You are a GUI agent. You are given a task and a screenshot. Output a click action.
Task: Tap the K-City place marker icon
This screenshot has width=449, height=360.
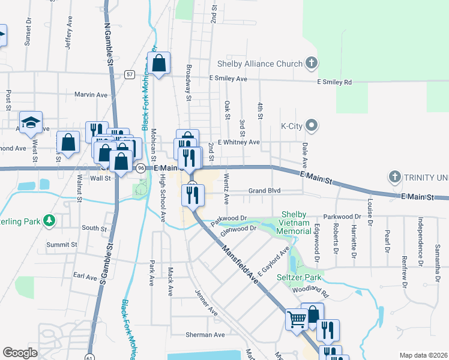[x=312, y=126]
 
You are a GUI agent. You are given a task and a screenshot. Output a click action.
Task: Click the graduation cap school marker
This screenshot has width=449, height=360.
[x=31, y=123]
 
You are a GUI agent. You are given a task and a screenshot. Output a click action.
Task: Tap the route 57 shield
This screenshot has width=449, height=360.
[x=130, y=74]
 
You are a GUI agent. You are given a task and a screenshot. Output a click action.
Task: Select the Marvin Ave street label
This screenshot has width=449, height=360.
[x=90, y=95]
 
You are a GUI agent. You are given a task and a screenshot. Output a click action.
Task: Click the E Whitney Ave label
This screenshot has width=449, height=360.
[x=238, y=142]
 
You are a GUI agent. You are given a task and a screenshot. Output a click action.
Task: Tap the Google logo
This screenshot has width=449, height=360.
[x=20, y=353]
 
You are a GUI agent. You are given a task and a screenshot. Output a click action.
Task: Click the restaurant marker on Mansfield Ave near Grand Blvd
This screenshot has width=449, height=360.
[x=193, y=194]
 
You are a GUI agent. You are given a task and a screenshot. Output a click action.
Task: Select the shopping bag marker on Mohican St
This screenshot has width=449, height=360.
[x=159, y=63]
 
